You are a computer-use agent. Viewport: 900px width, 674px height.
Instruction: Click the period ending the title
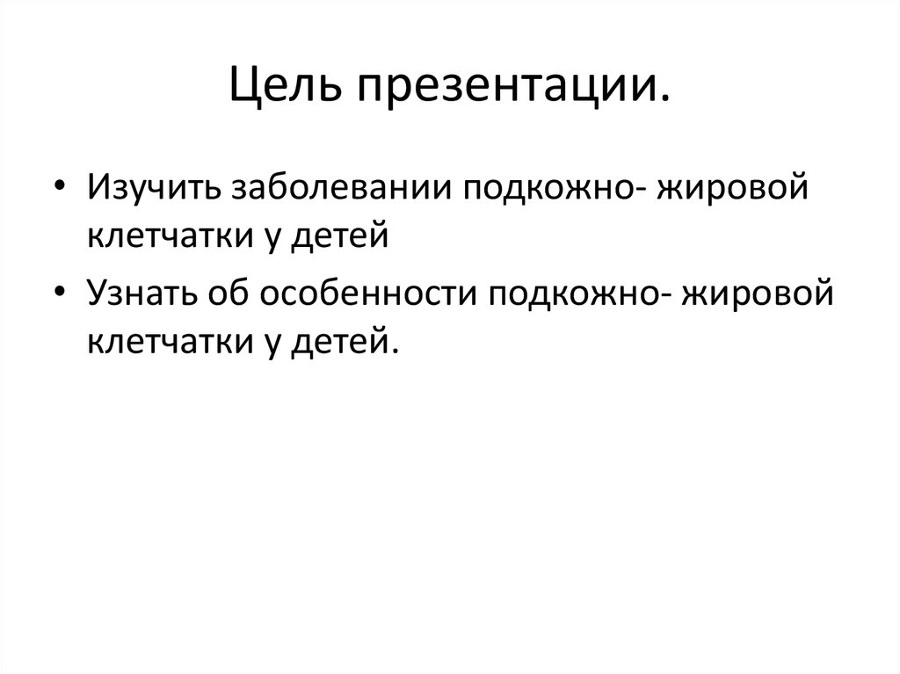click(x=662, y=98)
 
